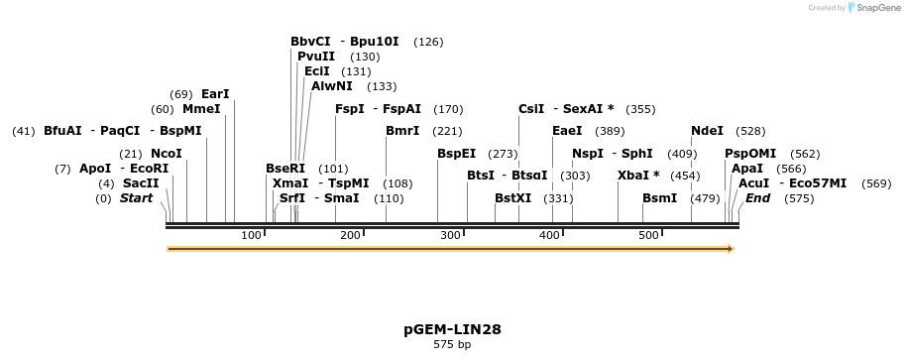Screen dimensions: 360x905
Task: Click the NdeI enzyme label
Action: [707, 131]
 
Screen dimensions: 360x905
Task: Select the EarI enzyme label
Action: [215, 94]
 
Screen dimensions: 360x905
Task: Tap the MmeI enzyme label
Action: [201, 109]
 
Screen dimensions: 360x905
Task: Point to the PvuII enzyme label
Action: [316, 57]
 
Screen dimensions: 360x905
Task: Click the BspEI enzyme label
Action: [456, 154]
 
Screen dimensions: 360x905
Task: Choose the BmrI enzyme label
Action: [402, 131]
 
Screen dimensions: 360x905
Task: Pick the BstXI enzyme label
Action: [513, 198]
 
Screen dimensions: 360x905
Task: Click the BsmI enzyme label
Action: [659, 198]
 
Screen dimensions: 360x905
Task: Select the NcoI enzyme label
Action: [167, 154]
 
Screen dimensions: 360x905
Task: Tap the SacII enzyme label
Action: [141, 183]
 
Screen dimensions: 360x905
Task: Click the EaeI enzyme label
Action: [567, 131]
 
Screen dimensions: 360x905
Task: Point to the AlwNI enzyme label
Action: [332, 86]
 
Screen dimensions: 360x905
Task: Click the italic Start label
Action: [137, 198]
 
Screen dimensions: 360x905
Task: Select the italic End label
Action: [758, 198]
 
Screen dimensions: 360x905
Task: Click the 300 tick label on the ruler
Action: [450, 235]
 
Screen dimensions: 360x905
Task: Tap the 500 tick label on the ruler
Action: [648, 235]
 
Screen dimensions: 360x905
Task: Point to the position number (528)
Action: [750, 131]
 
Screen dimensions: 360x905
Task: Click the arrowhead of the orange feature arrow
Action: [730, 249]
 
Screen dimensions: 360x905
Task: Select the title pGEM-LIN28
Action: [452, 328]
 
